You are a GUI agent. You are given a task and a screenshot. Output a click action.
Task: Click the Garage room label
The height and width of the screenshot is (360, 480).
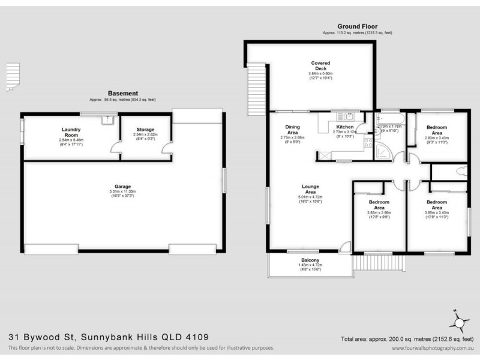(x=124, y=187)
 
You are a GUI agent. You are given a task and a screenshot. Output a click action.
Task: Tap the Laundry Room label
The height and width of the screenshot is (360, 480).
(x=71, y=133)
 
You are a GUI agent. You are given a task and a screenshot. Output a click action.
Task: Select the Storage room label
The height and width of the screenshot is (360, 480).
(x=145, y=130)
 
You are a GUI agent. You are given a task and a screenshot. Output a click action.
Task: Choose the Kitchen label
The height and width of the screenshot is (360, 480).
(x=345, y=127)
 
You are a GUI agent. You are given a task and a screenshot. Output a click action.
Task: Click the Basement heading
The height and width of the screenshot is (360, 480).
(x=122, y=94)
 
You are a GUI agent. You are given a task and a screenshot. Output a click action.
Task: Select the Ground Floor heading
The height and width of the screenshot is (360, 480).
(x=356, y=26)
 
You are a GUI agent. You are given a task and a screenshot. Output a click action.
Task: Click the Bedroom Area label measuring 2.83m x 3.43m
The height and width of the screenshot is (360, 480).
(x=437, y=130)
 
